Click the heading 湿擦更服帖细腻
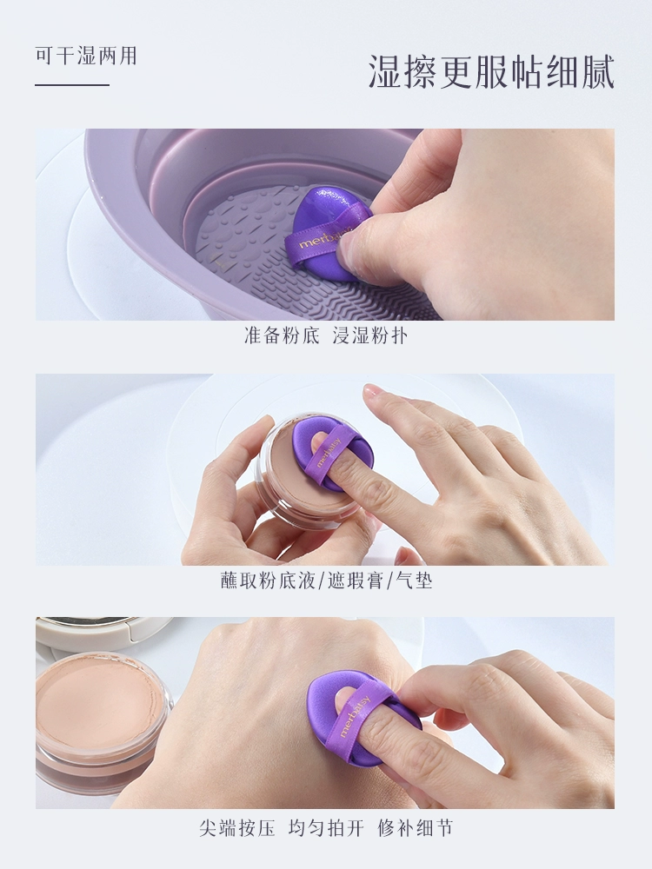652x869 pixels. pyautogui.click(x=492, y=72)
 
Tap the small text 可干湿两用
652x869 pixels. pyautogui.click(x=86, y=56)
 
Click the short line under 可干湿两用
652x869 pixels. pyautogui.click(x=72, y=85)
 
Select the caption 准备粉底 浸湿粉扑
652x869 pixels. pyautogui.click(x=326, y=335)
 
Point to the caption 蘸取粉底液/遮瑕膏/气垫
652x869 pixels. pyautogui.click(x=326, y=580)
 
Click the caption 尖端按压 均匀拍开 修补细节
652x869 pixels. pyautogui.click(x=326, y=828)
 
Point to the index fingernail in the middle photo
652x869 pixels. pyautogui.click(x=374, y=391)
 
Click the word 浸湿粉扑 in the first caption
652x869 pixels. pyautogui.click(x=369, y=335)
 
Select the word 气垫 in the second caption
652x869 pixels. pyautogui.click(x=414, y=580)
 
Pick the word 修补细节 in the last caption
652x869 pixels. pyautogui.click(x=416, y=828)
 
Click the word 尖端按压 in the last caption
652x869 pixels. pyautogui.click(x=236, y=828)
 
